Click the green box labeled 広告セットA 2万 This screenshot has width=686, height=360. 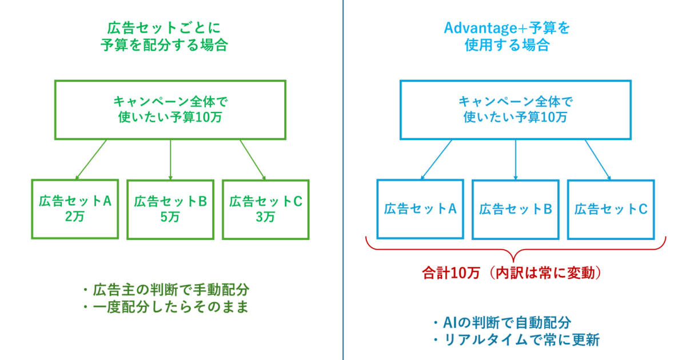(75, 209)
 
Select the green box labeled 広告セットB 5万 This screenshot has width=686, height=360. (170, 209)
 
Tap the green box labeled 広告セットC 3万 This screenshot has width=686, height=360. (265, 209)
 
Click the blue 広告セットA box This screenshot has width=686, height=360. (420, 209)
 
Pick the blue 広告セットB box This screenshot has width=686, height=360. (515, 209)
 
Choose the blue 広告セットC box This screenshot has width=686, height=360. (611, 209)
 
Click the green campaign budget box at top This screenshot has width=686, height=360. (170, 110)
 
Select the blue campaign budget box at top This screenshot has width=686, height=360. (515, 110)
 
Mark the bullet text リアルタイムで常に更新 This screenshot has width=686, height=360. (514, 340)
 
